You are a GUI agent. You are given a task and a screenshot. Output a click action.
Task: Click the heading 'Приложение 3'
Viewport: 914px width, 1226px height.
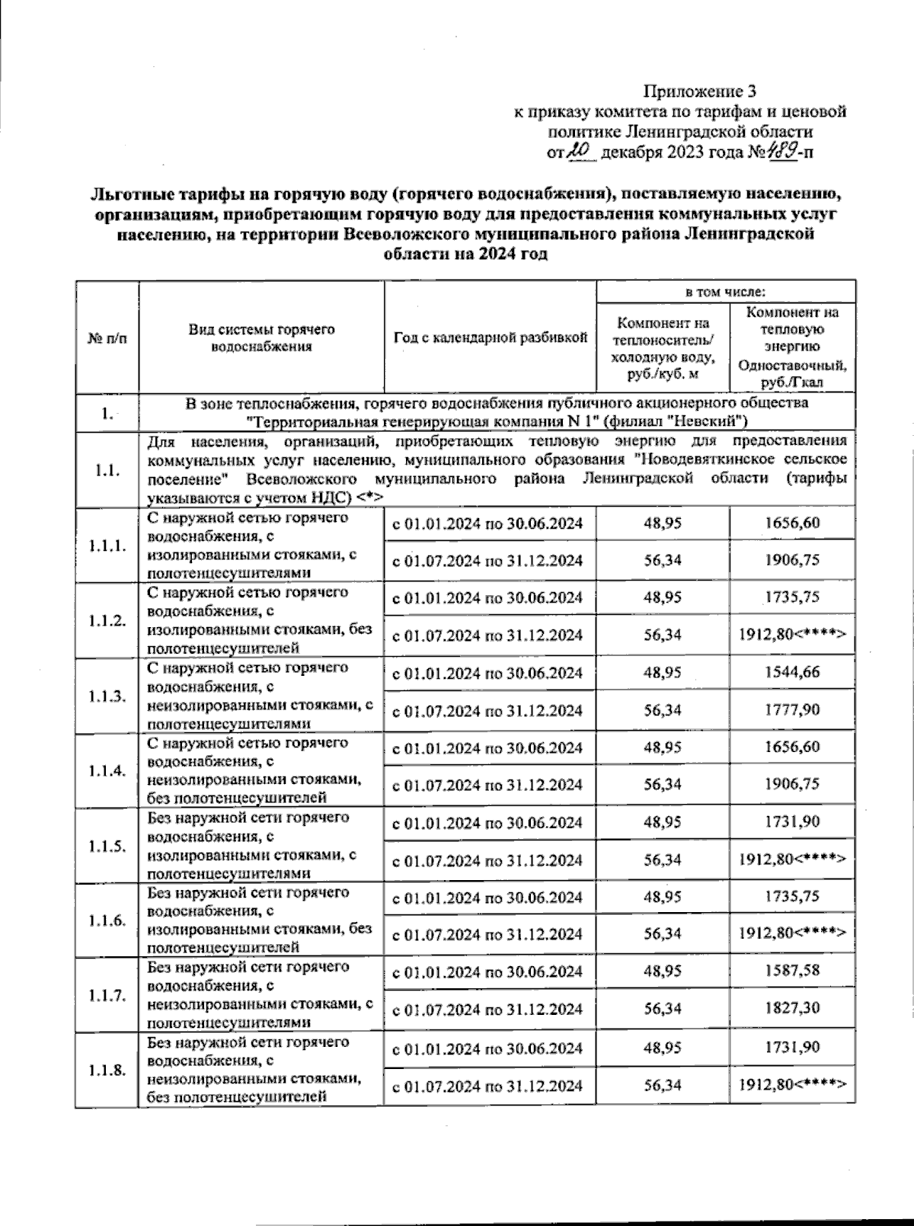[x=700, y=92]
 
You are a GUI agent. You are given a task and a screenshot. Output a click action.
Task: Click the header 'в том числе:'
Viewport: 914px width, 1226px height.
[x=725, y=292]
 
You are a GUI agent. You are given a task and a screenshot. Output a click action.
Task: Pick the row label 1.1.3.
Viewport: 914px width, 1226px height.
[x=107, y=696]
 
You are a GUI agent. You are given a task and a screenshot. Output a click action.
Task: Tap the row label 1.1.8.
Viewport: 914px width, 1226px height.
[x=107, y=1071]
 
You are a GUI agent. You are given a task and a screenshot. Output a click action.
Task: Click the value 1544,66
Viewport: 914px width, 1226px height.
[x=792, y=673]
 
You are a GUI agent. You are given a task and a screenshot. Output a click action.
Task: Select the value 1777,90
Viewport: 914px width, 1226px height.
[x=792, y=710]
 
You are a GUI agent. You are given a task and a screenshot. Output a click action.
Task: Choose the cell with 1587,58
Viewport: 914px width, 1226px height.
[x=792, y=972]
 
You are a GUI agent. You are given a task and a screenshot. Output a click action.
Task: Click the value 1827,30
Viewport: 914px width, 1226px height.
[x=792, y=1009]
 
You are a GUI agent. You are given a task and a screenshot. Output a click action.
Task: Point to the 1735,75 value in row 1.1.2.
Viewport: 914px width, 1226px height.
[x=792, y=597]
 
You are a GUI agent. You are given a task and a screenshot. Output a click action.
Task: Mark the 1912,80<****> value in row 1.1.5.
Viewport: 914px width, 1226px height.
[x=792, y=859]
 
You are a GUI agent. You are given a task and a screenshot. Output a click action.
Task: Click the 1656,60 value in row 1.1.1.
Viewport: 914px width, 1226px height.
[x=792, y=523]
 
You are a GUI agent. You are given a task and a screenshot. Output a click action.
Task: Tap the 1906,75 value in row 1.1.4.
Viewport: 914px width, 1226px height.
[x=792, y=784]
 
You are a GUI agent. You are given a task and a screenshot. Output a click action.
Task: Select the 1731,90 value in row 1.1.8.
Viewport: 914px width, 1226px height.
[x=792, y=1048]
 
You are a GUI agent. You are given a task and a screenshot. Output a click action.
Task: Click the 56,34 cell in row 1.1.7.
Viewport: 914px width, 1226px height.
[x=662, y=1009]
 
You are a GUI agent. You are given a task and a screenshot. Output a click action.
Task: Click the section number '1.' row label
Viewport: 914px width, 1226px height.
[x=107, y=414]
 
